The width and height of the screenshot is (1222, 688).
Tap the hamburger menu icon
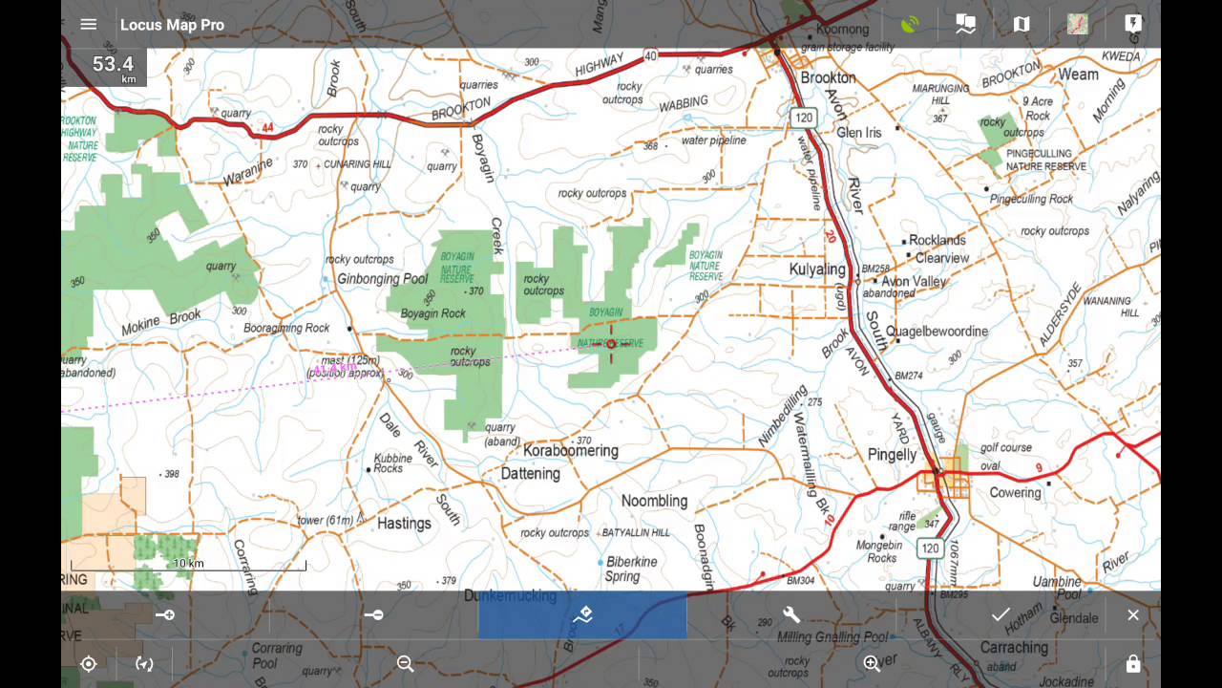(x=89, y=25)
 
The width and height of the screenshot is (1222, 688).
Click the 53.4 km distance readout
(x=113, y=66)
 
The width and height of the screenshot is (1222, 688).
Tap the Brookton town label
(x=828, y=77)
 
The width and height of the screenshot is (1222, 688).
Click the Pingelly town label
(x=892, y=455)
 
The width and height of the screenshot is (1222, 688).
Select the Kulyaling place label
(x=817, y=269)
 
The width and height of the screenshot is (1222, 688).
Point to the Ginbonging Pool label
(x=383, y=279)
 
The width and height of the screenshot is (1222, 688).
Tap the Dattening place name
(x=530, y=473)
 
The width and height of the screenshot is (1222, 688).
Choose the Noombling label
(x=654, y=501)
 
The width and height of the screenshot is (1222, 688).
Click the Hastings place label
(x=404, y=524)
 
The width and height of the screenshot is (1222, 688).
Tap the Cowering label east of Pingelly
(x=1015, y=493)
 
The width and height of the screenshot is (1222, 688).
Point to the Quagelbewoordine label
(x=937, y=332)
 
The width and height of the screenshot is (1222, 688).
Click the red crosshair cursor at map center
(x=611, y=344)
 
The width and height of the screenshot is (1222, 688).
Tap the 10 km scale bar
(x=188, y=566)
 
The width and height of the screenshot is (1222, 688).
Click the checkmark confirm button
(x=1001, y=615)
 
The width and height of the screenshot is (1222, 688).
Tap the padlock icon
(x=1133, y=664)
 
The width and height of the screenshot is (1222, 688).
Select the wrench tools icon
(x=791, y=615)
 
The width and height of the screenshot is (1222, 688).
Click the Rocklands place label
(x=938, y=240)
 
